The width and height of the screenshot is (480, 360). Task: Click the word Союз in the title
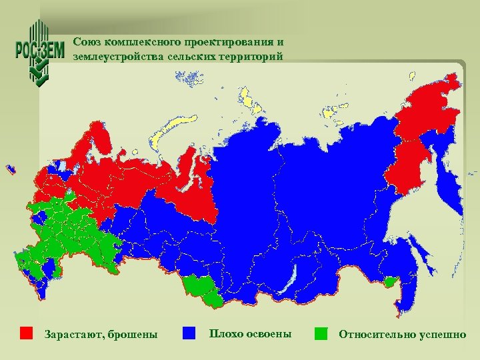[x=87, y=41]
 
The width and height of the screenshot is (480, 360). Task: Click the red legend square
[x=27, y=333]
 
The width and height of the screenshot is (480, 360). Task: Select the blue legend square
[x=189, y=333]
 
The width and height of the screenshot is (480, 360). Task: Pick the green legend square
[x=322, y=333]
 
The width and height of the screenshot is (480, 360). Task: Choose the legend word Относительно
[x=377, y=334]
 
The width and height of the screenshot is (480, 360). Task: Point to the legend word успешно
[x=442, y=334]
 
